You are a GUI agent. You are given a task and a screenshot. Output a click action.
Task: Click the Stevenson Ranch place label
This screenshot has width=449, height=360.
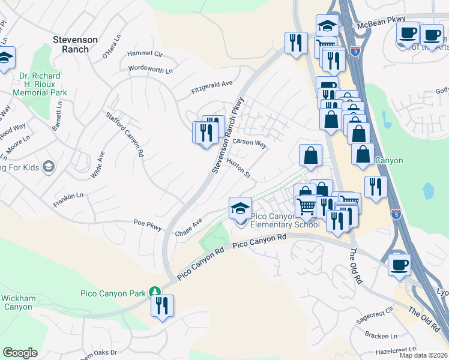point(75,44)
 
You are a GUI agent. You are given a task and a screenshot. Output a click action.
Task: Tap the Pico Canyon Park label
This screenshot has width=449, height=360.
point(113,293)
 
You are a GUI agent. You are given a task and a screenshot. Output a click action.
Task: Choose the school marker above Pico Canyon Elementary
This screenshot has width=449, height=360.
point(240,209)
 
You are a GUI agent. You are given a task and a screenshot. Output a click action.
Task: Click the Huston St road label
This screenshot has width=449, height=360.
point(238,168)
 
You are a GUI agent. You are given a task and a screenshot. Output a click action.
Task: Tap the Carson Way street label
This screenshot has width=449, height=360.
point(250,143)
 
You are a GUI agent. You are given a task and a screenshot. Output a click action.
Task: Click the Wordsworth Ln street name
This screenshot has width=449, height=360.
point(150,70)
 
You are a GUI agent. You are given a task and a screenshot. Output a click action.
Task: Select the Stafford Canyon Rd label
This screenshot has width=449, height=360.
point(125,134)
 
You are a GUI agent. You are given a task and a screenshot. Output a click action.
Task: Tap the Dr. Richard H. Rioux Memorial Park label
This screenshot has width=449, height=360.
point(40,85)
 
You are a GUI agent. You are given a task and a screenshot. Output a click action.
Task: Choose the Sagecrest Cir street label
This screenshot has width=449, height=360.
point(374,314)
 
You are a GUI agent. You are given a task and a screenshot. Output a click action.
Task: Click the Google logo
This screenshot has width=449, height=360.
point(20,352)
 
